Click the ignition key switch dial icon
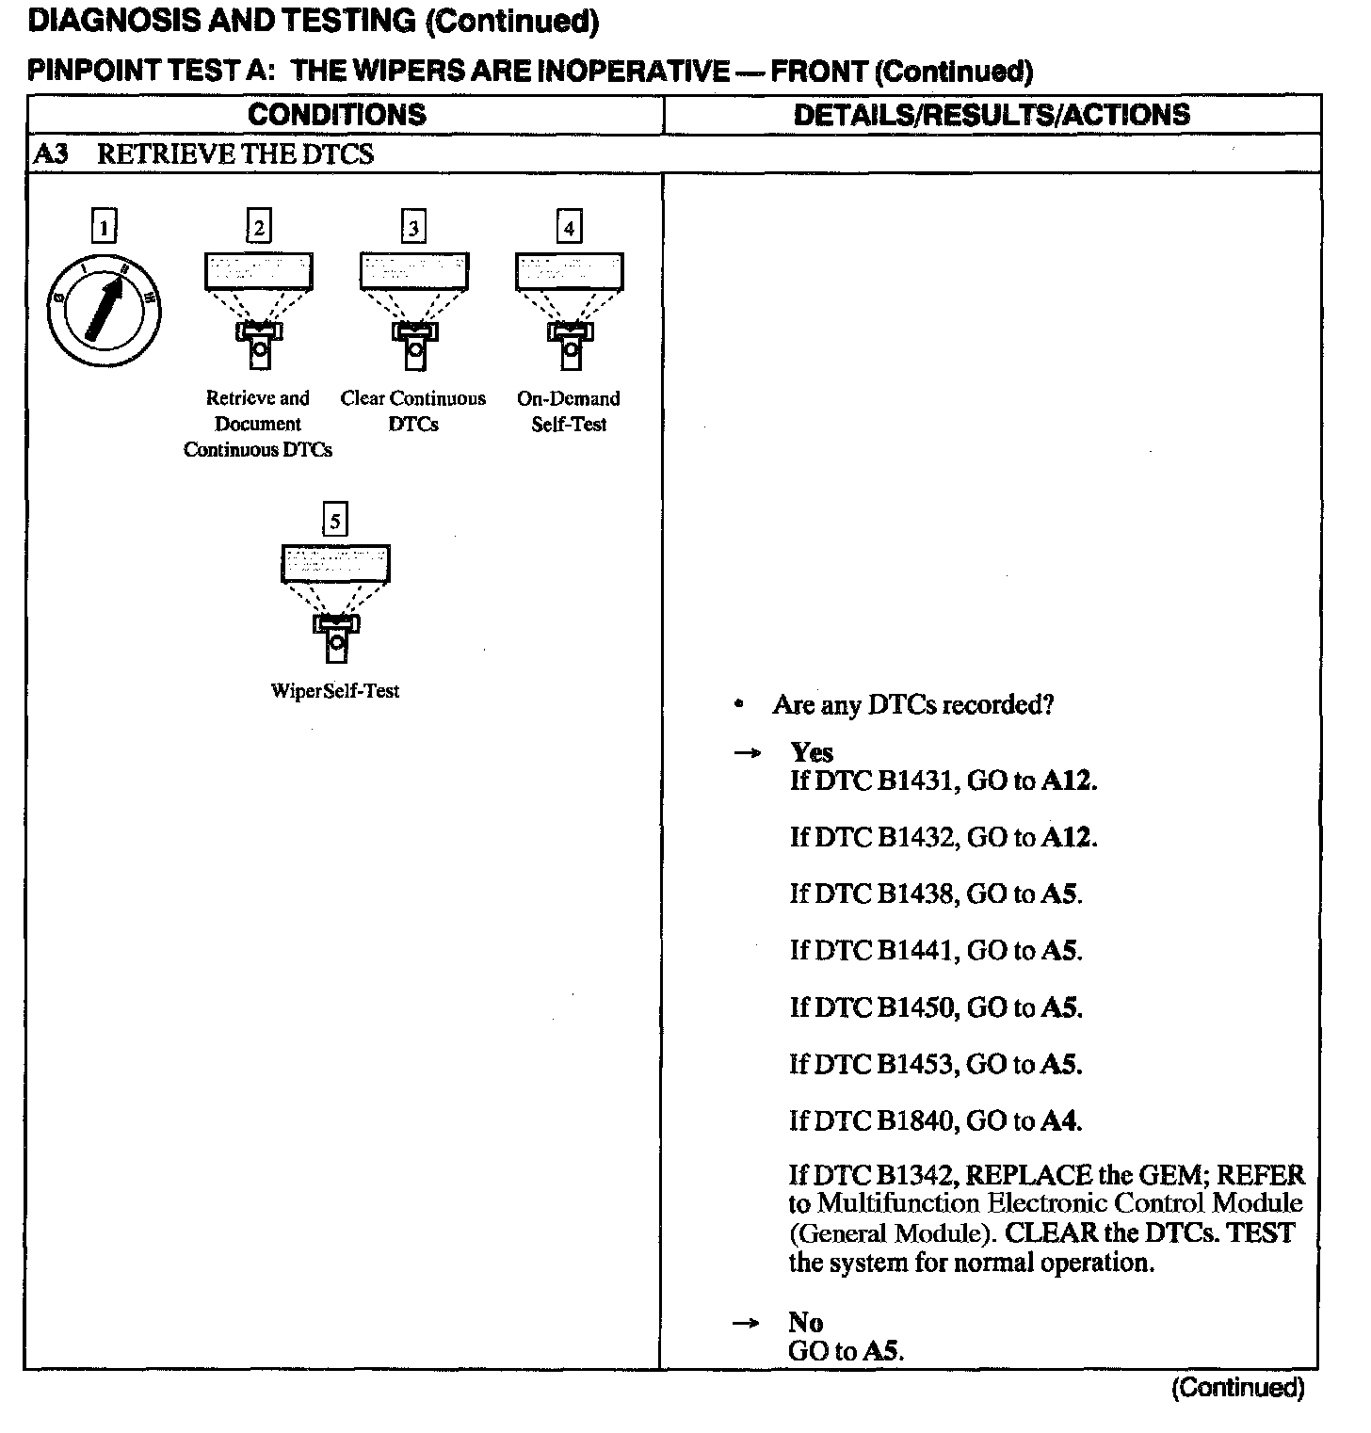click(104, 310)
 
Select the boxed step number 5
click(334, 520)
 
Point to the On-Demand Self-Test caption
click(569, 411)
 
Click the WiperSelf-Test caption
click(334, 691)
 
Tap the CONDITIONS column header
click(336, 115)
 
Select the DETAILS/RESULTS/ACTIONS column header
click(992, 115)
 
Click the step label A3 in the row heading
click(51, 154)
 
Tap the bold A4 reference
click(1059, 1120)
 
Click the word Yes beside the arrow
click(812, 752)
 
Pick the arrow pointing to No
click(746, 1323)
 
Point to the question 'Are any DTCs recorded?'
click(912, 704)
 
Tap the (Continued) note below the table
click(1237, 1388)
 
